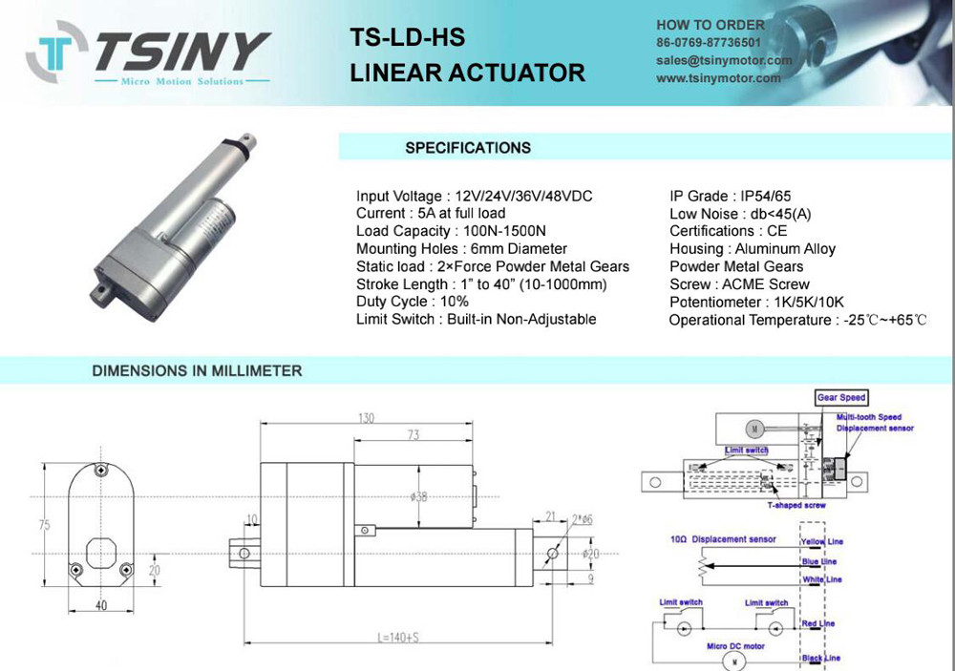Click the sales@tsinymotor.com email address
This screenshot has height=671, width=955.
(x=724, y=60)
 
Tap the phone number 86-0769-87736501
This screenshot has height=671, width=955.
(x=709, y=43)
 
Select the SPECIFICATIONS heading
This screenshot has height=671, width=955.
(x=467, y=148)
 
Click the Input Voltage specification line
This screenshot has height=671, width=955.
(x=474, y=196)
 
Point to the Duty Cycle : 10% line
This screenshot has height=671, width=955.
(x=413, y=302)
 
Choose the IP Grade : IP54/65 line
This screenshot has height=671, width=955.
(x=730, y=196)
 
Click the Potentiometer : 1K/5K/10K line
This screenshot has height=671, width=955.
(x=751, y=302)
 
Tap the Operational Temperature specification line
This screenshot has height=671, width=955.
(x=797, y=320)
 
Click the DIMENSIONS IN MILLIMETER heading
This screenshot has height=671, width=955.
(x=197, y=370)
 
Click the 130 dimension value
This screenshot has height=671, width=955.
(x=365, y=418)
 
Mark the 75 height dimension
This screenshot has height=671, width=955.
(x=44, y=526)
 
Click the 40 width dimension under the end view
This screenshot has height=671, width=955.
(x=101, y=605)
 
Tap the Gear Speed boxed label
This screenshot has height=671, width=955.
(x=841, y=397)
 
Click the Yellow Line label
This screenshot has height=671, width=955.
(x=820, y=542)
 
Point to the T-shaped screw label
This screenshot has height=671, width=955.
(x=796, y=505)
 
